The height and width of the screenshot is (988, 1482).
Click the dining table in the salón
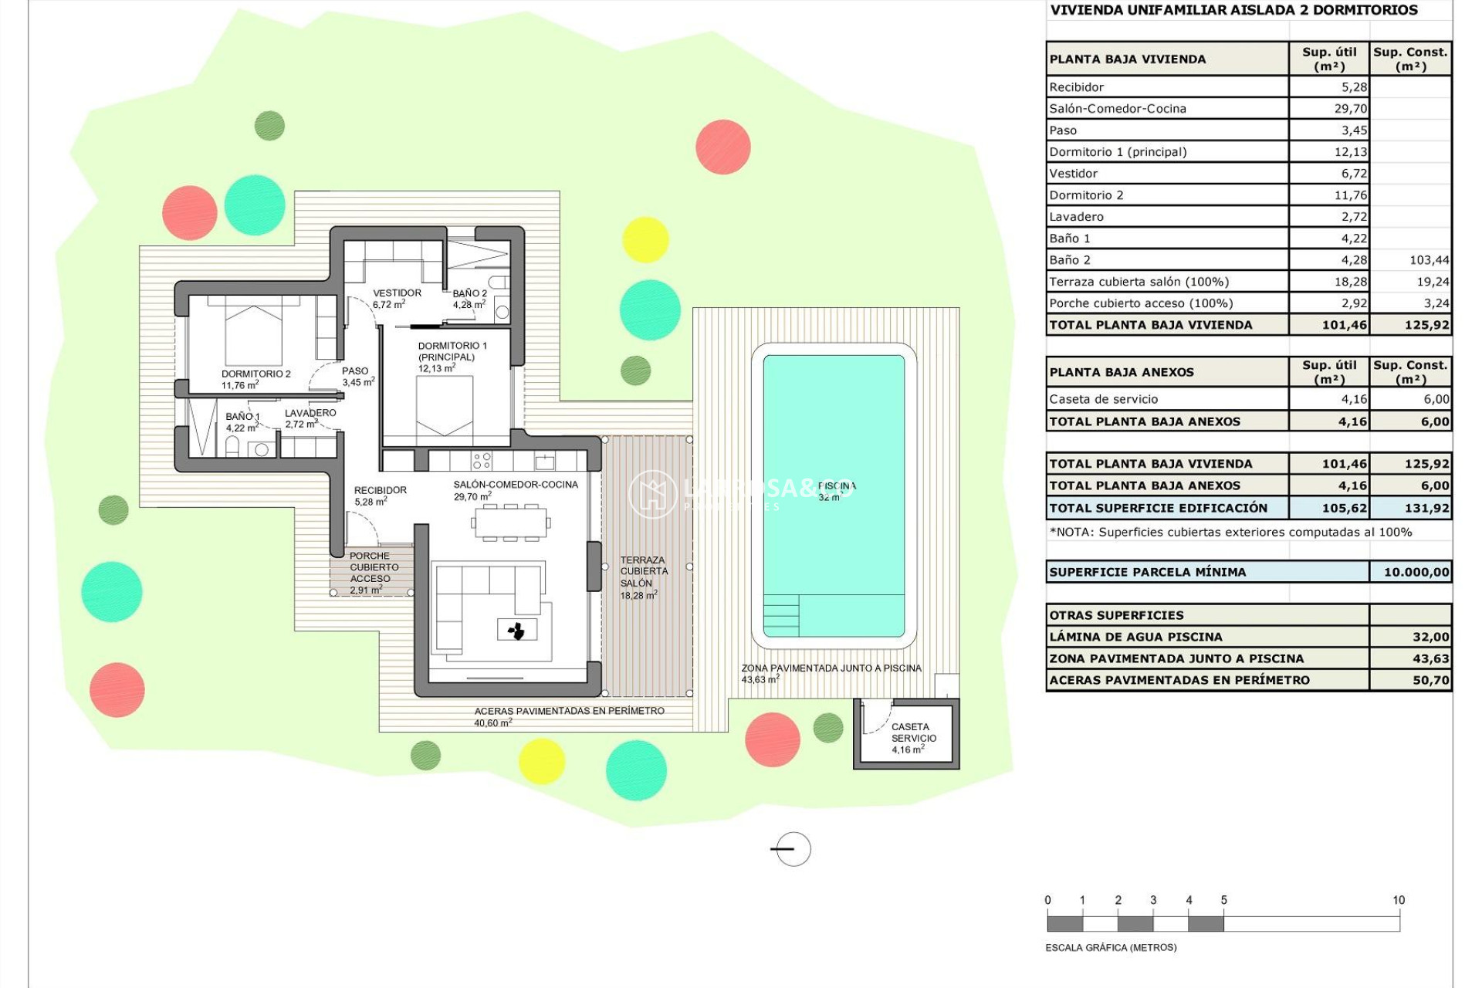pos(510,523)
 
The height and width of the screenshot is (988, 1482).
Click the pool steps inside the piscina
pos(781,615)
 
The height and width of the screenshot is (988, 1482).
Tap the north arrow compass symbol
pos(792,849)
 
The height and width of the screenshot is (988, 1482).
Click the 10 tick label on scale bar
pos(1398,900)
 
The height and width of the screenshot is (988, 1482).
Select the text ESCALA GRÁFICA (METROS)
pos(1111,947)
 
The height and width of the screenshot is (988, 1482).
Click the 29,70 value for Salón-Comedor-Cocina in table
pos(1350,109)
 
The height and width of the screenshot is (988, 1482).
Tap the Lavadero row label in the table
pos(1076,217)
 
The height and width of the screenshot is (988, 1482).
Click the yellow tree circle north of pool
pos(645,239)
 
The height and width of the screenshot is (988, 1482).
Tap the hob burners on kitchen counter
pos(482,461)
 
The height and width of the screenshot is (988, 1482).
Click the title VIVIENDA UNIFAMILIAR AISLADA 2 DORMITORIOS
pos(1233,10)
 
